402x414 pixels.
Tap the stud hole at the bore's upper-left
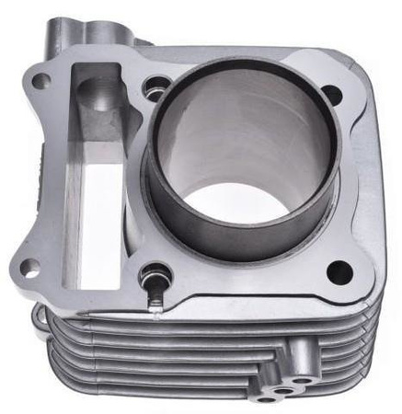[154, 88]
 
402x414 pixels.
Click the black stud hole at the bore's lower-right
[339, 271]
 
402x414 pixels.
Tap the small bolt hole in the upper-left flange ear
[40, 81]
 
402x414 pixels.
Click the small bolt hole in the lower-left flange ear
[29, 269]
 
